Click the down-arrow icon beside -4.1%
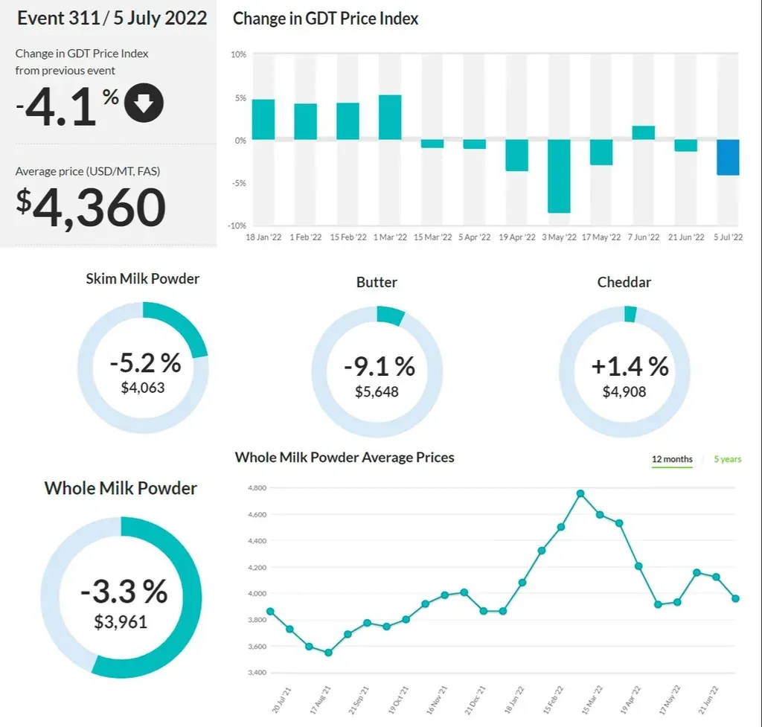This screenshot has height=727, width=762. (x=144, y=103)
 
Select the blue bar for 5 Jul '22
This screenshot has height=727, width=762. (x=728, y=157)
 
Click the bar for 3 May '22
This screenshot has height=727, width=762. (x=559, y=176)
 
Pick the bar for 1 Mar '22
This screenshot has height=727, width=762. (x=390, y=118)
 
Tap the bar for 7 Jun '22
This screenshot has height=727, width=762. (x=644, y=133)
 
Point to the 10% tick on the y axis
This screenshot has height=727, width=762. (x=238, y=55)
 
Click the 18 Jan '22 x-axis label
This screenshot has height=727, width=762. (x=263, y=237)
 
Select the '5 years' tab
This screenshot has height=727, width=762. (x=727, y=459)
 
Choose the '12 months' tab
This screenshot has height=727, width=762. (x=672, y=459)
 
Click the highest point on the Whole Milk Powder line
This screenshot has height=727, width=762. (x=580, y=493)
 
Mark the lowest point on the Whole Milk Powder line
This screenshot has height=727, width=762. (x=328, y=653)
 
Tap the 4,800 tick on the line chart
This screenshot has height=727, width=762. (x=257, y=488)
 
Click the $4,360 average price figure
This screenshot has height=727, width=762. (x=91, y=208)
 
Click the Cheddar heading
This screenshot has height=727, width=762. (x=624, y=283)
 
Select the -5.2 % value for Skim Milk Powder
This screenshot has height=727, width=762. (x=145, y=363)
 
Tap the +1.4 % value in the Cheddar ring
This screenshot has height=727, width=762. (x=630, y=366)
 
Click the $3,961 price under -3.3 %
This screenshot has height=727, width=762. (x=121, y=622)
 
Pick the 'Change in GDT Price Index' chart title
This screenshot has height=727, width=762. (x=325, y=19)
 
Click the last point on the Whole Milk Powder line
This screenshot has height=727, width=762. (x=735, y=598)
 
